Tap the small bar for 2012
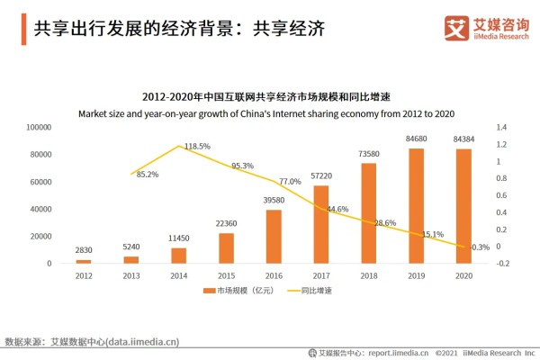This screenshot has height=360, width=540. pyautogui.click(x=84, y=261)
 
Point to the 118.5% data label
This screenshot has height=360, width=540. pyautogui.click(x=197, y=146)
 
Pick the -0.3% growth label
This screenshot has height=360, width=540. pyautogui.click(x=479, y=247)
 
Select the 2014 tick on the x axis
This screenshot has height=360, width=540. pyautogui.click(x=178, y=275)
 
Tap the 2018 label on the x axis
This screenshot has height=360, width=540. pyautogui.click(x=368, y=275)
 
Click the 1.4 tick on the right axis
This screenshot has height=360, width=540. pyautogui.click(x=502, y=128)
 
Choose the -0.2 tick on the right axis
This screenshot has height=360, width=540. pyautogui.click(x=503, y=264)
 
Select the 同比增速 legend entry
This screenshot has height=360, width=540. pyautogui.click(x=307, y=292)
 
